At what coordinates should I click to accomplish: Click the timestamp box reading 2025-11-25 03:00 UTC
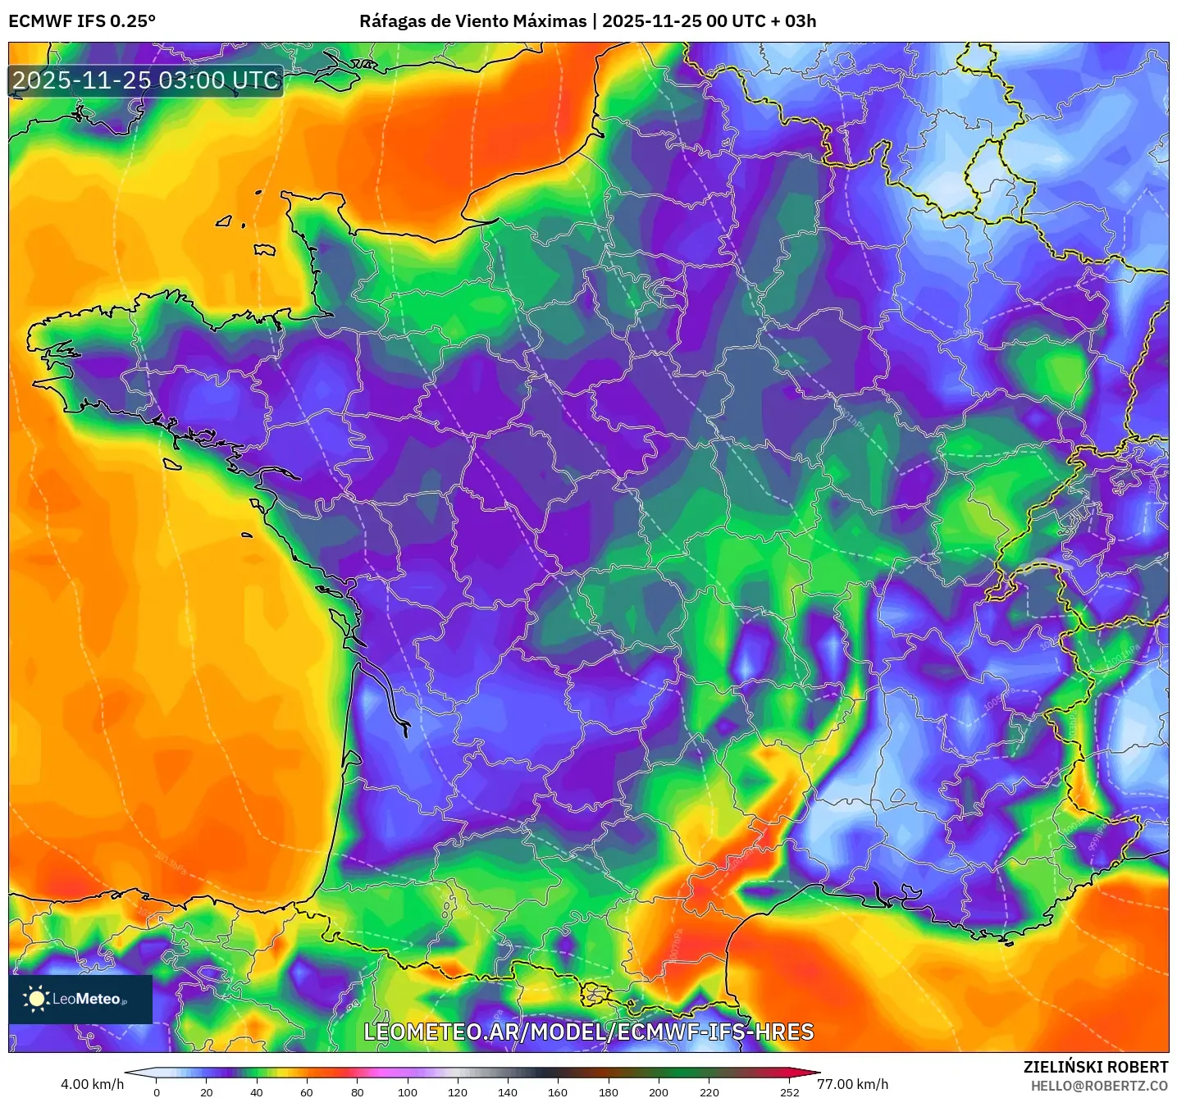coord(146,80)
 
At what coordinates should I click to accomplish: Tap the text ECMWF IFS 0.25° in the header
coord(82,21)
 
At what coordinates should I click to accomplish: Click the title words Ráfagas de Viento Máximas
coord(472,21)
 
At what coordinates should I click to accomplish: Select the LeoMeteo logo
coord(80,999)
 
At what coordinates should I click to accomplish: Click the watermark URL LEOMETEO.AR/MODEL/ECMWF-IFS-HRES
coord(588,1032)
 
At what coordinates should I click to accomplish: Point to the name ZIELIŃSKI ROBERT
coord(1095,1067)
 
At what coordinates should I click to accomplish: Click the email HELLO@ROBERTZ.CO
coord(1099,1086)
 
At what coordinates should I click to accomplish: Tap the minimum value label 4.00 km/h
coord(92,1084)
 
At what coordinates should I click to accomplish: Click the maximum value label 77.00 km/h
coord(852,1084)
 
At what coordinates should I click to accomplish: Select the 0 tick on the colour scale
coord(157,1091)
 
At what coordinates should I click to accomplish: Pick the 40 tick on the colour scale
coord(257,1091)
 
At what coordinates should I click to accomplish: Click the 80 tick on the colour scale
coord(358,1091)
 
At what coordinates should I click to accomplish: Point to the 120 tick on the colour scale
coord(458,1091)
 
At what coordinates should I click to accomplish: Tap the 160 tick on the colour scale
coord(558,1091)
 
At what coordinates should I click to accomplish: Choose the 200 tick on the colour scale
coord(659,1091)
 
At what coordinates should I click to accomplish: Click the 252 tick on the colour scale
coord(789,1091)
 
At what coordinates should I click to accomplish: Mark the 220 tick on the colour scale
coord(709,1091)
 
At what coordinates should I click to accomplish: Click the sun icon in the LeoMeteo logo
coord(36,999)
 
